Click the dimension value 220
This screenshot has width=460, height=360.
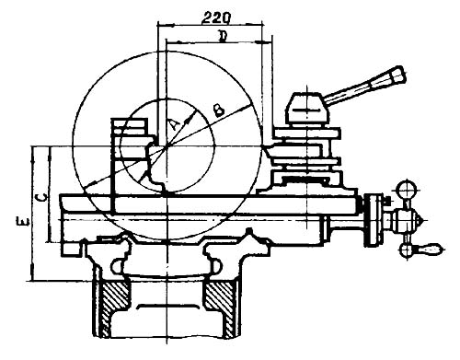(215, 17)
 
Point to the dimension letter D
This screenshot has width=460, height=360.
(223, 36)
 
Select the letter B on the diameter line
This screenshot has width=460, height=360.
(219, 110)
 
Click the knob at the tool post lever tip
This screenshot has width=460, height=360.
(397, 75)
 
